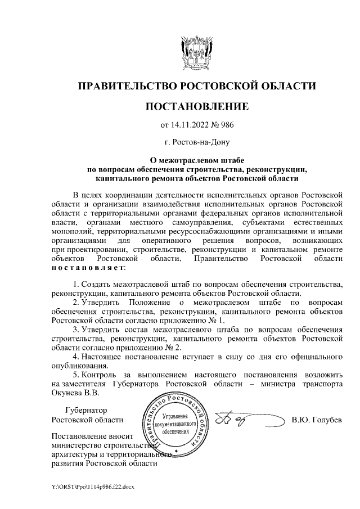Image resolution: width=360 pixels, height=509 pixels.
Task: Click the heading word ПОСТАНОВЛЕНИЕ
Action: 196,106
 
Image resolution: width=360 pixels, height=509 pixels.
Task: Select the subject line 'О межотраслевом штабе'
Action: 196,160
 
